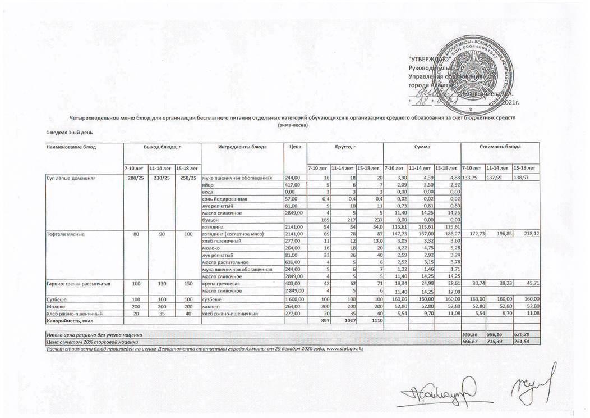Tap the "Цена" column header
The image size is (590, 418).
(x=292, y=147)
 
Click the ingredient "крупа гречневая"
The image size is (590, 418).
(x=221, y=285)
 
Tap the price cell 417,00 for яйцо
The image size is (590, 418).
(x=294, y=184)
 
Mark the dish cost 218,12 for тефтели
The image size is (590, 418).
(x=529, y=233)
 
